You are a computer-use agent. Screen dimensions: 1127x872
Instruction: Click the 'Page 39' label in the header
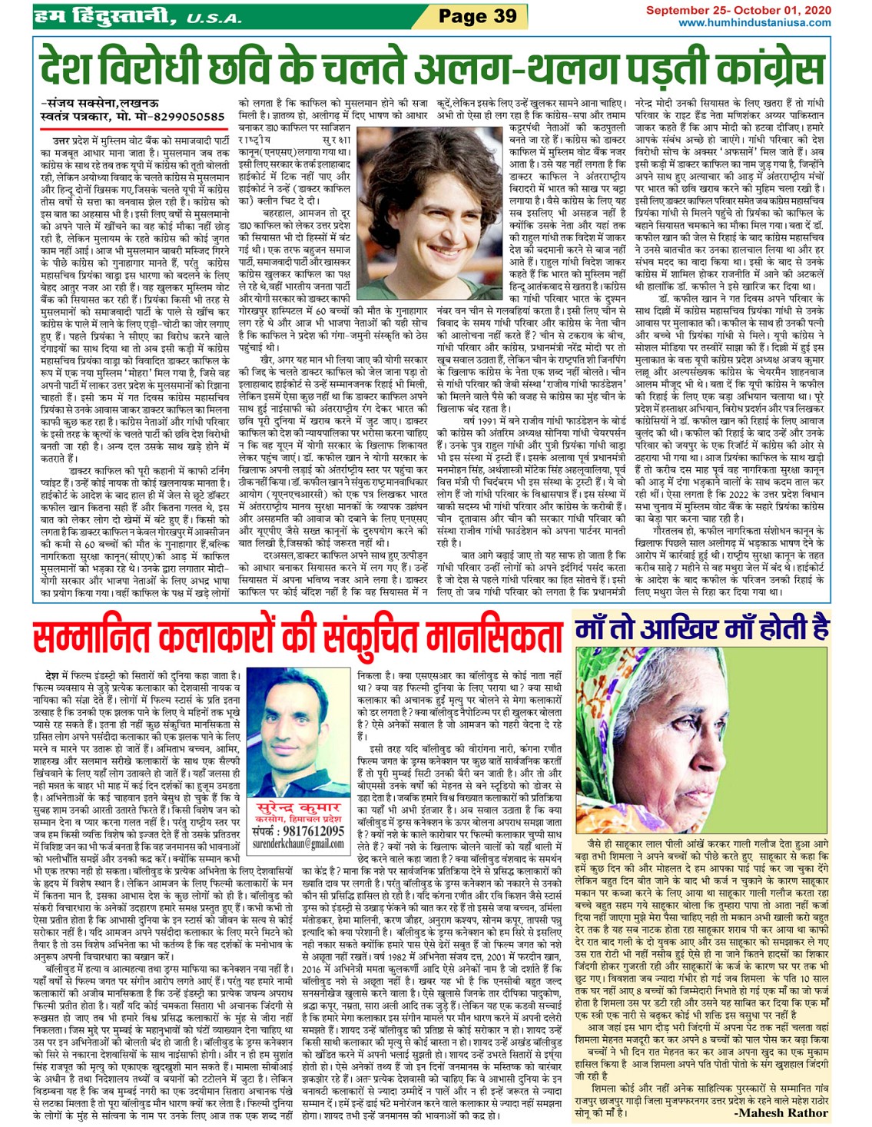tap(477, 15)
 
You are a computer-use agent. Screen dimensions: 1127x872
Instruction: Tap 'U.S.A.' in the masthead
tap(217, 17)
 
